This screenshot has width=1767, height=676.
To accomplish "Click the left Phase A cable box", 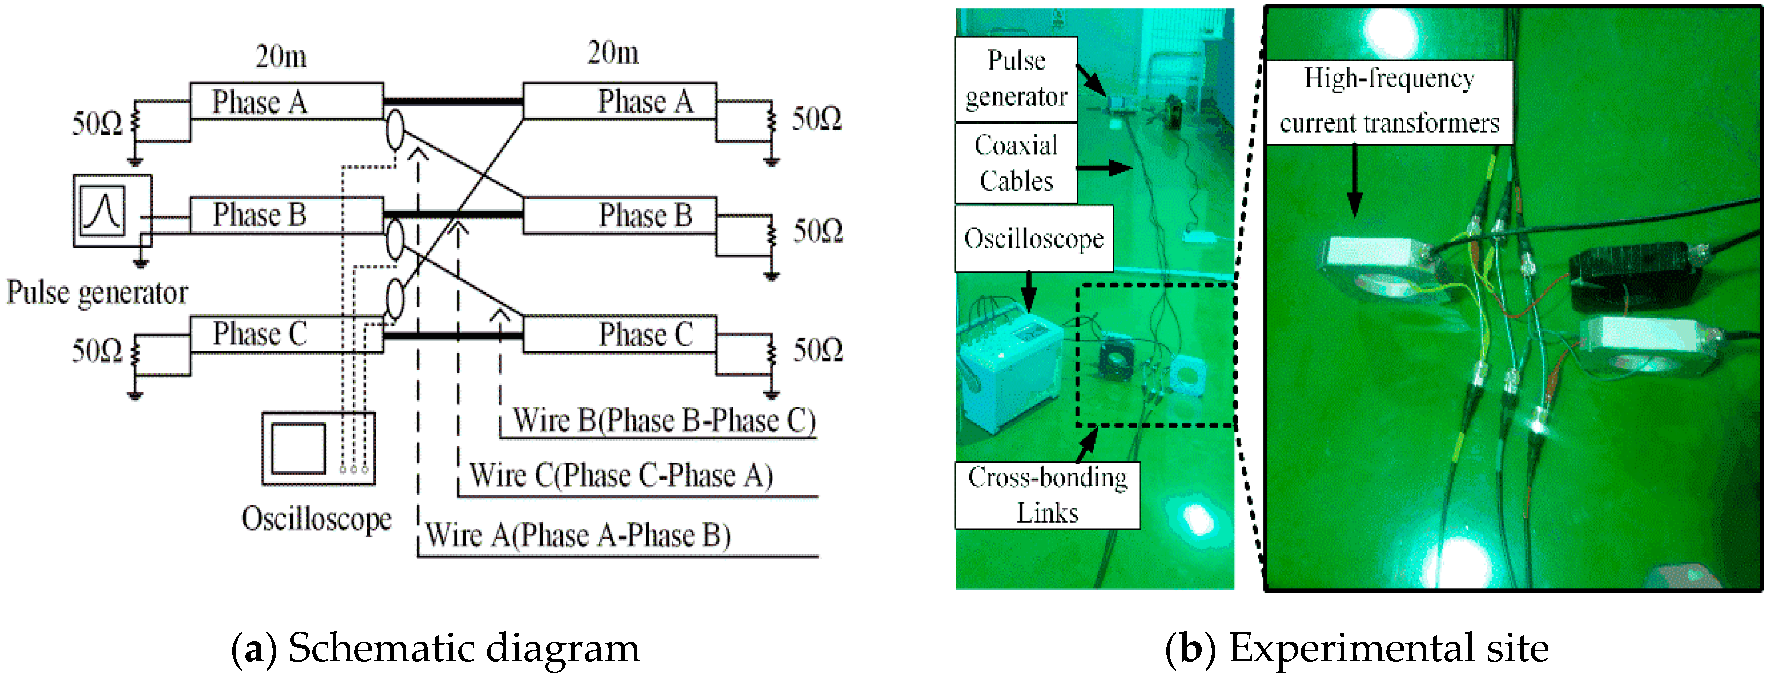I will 286,101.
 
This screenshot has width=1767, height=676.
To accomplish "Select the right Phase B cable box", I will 619,215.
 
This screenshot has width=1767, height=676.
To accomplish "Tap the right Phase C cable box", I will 619,334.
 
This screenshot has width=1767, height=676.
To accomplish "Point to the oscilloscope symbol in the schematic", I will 318,448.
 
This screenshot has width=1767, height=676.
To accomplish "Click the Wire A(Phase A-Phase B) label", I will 578,535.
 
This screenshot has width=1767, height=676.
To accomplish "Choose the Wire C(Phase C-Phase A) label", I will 621,475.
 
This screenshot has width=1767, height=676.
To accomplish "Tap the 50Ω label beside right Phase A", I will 816,119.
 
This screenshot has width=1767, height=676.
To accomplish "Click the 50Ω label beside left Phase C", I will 97,351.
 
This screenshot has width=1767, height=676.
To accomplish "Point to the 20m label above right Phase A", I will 613,53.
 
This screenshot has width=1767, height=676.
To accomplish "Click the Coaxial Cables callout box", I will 1016,163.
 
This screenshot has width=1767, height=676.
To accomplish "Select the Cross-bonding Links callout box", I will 1047,495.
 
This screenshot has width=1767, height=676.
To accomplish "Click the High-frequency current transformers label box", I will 1389,102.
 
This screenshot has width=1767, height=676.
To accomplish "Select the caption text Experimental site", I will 1388,648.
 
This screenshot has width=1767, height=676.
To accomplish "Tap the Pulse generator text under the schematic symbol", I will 97,293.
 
